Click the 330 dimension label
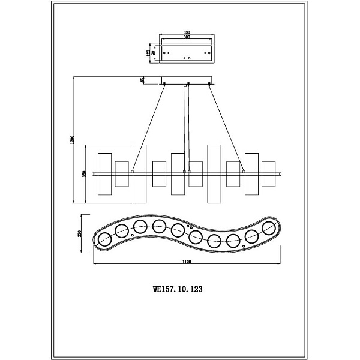click(187, 32)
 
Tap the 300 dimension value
click(187, 37)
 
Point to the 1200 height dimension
click(71, 140)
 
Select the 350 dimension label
click(84, 174)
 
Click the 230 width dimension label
click(80, 234)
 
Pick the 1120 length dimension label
click(187, 262)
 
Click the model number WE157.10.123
click(178, 289)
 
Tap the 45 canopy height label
click(142, 80)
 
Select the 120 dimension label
click(148, 53)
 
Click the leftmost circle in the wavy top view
click(104, 239)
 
